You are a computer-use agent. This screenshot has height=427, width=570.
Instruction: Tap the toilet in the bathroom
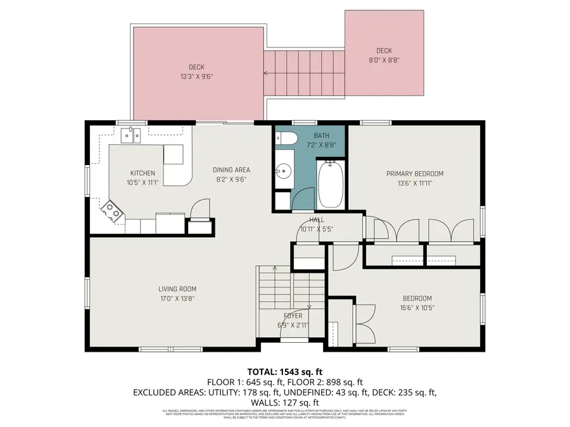(285, 139)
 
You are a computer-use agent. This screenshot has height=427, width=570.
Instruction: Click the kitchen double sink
(132, 133)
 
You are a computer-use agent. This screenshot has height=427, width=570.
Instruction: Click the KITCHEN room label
(142, 173)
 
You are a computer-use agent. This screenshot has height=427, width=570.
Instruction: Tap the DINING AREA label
(231, 170)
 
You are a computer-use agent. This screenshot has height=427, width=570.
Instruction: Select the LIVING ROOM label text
(176, 289)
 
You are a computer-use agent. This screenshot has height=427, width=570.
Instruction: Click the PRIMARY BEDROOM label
(415, 173)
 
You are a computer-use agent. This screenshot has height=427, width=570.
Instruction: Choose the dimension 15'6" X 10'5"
(417, 309)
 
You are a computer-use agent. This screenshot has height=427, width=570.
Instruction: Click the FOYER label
(293, 316)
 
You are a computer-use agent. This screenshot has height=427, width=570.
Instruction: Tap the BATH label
(321, 135)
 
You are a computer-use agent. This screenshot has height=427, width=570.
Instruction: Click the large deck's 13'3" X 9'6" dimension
(196, 77)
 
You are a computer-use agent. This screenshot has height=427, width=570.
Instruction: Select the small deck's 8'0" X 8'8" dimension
(384, 61)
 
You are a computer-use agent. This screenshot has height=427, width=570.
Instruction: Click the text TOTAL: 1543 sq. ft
(284, 371)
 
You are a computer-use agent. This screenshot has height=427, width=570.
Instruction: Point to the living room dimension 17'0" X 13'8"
(176, 299)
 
